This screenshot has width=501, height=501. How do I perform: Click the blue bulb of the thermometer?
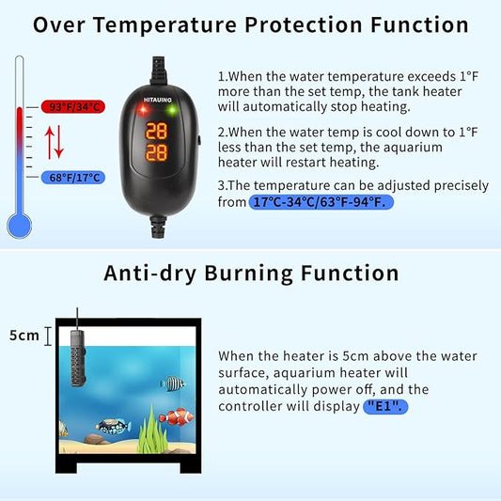tap(18, 224)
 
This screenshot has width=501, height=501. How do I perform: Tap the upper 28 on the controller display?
tap(158, 131)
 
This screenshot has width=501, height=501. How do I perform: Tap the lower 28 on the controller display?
tap(158, 151)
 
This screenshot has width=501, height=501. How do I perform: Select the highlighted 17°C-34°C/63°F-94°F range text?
tap(321, 202)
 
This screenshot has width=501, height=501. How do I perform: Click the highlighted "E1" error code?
tap(386, 406)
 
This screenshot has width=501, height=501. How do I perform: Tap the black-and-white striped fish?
tap(173, 384)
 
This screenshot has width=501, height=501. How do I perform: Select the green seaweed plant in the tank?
tap(149, 428)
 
